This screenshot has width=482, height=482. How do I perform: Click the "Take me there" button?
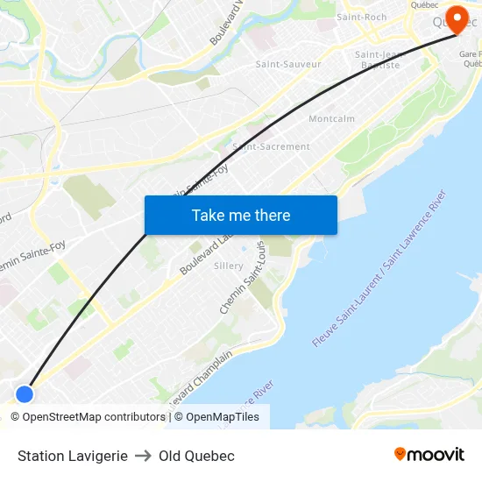[241, 215]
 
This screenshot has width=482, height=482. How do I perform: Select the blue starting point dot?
[25, 393]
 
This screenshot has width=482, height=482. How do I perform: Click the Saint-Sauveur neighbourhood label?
[288, 64]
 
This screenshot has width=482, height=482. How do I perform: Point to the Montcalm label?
[331, 118]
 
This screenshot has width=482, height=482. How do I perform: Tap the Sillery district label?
[229, 266]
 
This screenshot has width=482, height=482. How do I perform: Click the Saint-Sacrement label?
[271, 146]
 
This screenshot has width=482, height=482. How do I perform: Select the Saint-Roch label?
[362, 17]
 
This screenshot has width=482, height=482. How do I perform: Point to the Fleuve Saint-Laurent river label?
[378, 274]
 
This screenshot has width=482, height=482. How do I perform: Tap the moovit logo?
[429, 455]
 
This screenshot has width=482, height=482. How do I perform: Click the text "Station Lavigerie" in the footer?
[73, 456]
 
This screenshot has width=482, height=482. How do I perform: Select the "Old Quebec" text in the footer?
[197, 456]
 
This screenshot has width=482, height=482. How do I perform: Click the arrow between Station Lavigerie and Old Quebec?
[143, 456]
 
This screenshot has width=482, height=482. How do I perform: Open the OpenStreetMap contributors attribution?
[88, 417]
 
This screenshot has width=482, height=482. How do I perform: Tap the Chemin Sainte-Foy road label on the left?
[33, 255]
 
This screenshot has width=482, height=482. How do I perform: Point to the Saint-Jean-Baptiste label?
[378, 60]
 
